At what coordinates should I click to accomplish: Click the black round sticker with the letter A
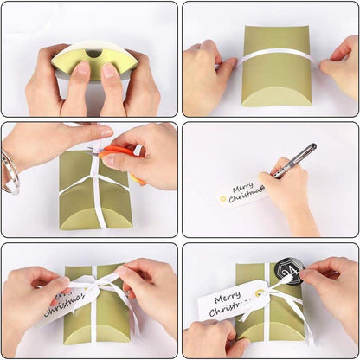coord(287,273)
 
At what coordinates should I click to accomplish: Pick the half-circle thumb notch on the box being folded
coord(93,55)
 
